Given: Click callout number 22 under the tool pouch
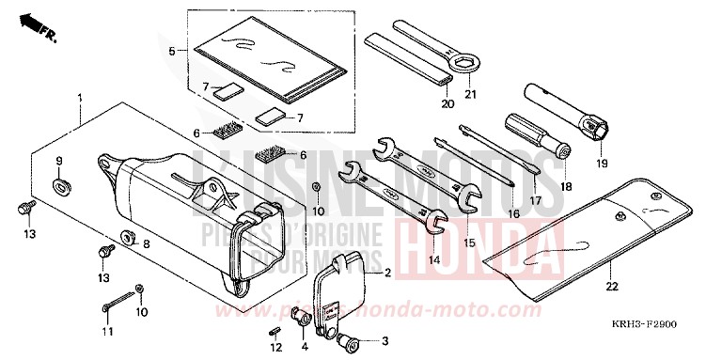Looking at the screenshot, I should pyautogui.click(x=585, y=287).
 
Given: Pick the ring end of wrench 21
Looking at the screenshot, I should pyautogui.click(x=464, y=64).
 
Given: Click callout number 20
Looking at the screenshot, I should pyautogui.click(x=447, y=104).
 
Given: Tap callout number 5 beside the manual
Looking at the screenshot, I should pyautogui.click(x=170, y=50).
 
